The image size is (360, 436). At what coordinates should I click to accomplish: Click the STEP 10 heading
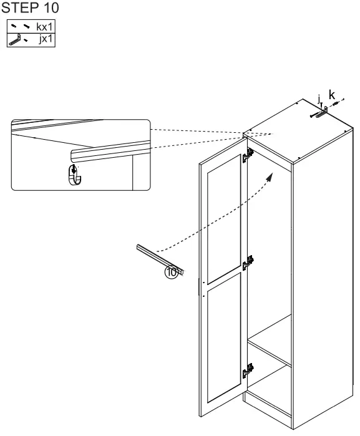pos(30,7)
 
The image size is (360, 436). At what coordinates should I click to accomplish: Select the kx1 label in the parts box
pos(44,27)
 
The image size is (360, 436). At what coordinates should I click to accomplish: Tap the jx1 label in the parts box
pos(46,39)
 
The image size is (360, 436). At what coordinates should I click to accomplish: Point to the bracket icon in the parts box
pos(15,39)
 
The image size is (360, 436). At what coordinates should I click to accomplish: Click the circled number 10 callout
pos(172,272)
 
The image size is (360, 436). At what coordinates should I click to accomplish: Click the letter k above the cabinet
pos(332,95)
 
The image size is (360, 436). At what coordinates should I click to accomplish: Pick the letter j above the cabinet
pos(319,99)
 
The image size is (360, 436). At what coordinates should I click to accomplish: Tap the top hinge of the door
pos(248,155)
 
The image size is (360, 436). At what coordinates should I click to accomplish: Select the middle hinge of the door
pos(248,263)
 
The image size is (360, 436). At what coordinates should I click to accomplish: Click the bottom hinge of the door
pos(248,371)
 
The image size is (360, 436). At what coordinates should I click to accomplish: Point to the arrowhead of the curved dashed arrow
pos(270,177)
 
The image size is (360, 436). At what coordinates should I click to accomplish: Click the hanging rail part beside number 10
pos(160,259)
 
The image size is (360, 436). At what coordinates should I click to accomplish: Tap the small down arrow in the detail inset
pos(74,169)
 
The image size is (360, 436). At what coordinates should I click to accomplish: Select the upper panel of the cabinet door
pos(224,220)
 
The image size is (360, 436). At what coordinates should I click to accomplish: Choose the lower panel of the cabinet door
pos(224,338)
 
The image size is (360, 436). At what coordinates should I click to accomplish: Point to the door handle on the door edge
pos(199,287)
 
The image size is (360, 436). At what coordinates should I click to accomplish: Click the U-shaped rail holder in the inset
pos(75,175)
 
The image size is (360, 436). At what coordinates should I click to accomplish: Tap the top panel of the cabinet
pos(298,131)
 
